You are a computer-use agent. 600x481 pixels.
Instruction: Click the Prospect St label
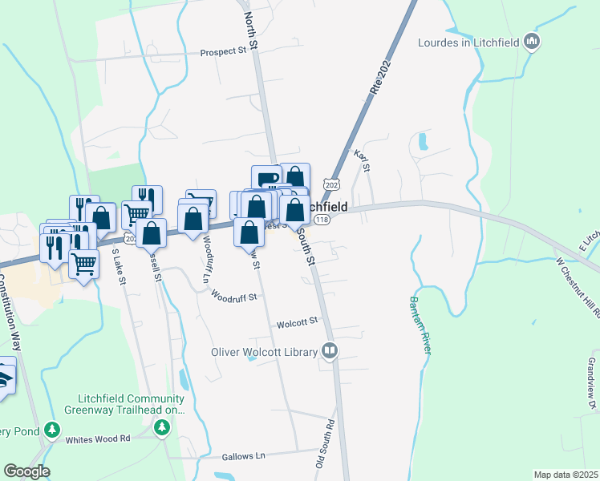tap(223, 52)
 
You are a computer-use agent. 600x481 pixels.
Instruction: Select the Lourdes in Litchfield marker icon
tap(531, 41)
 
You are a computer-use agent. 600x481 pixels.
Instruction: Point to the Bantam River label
tap(421, 325)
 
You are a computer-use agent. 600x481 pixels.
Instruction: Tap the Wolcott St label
tap(298, 323)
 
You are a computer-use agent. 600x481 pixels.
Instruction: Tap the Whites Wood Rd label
tap(98, 439)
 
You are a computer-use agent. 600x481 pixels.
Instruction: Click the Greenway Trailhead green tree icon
tap(163, 429)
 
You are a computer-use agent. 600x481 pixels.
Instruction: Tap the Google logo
tap(26, 471)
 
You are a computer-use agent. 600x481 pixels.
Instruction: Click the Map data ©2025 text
tap(565, 475)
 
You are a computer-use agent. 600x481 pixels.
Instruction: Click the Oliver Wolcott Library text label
tap(265, 351)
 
